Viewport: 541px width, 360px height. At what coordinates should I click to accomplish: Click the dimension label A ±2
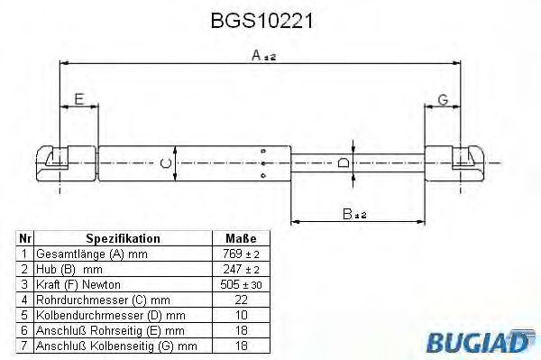tap(261, 56)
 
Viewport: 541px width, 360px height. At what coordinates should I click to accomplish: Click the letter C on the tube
tap(163, 162)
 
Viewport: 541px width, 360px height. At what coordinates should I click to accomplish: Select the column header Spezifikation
tap(123, 239)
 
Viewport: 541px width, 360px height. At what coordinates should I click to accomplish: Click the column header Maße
tap(240, 239)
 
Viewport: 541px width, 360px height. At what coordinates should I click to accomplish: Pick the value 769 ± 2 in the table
tap(240, 254)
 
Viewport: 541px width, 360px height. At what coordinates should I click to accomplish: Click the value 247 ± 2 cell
tap(240, 269)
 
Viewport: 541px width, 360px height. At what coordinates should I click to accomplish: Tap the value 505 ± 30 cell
tap(240, 284)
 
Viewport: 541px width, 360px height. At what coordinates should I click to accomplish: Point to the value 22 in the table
tap(240, 299)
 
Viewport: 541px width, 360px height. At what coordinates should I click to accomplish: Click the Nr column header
tap(26, 239)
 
